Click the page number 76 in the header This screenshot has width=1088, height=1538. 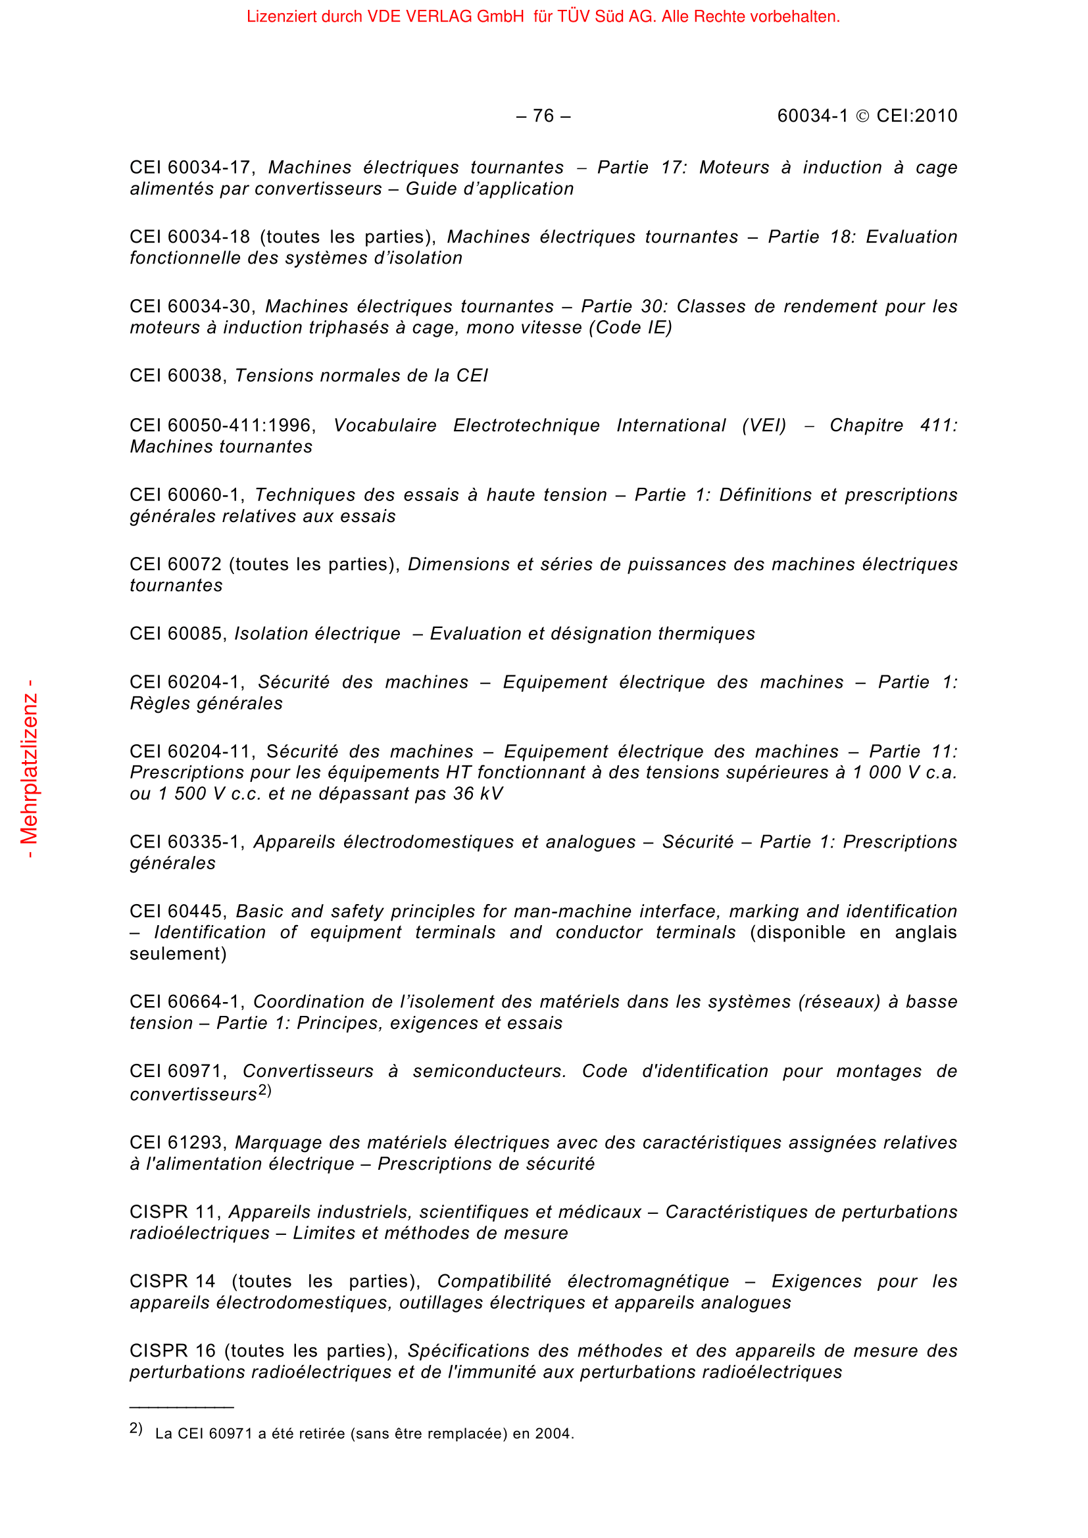pyautogui.click(x=543, y=116)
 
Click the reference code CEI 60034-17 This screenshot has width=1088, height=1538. pyautogui.click(x=190, y=168)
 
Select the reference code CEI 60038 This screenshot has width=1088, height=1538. pyautogui.click(x=176, y=376)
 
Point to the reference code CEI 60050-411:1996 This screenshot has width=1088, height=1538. pyautogui.click(x=221, y=426)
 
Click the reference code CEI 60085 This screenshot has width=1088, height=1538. pyautogui.click(x=176, y=634)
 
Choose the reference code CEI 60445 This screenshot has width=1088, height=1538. pyautogui.click(x=176, y=911)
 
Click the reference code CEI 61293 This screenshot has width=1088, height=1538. pyautogui.click(x=176, y=1143)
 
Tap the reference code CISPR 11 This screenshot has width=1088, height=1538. pyautogui.click(x=173, y=1212)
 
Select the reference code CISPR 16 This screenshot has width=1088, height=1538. pyautogui.click(x=173, y=1351)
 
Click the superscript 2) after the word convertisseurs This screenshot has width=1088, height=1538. pyautogui.click(x=264, y=1090)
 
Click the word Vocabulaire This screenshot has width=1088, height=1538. pyautogui.click(x=385, y=426)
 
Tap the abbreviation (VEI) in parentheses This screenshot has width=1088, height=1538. pyautogui.click(x=764, y=426)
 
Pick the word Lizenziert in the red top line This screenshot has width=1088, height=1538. pyautogui.click(x=281, y=16)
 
